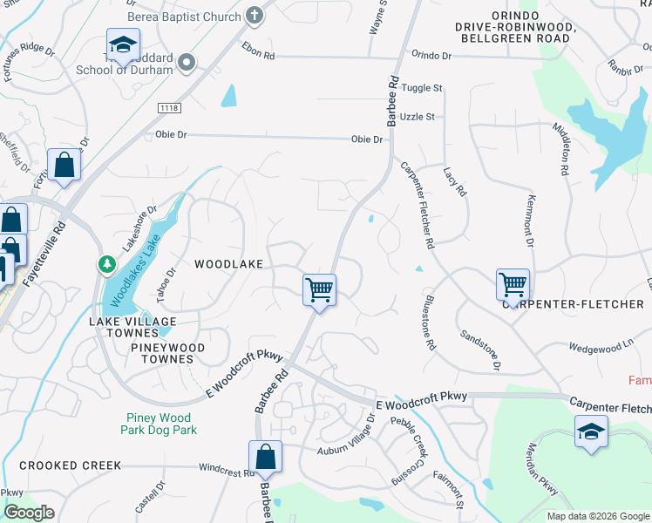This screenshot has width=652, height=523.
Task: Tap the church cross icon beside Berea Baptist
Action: (254, 15)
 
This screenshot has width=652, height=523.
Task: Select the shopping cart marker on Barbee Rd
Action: (319, 289)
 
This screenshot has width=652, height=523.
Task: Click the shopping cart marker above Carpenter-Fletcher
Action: (513, 283)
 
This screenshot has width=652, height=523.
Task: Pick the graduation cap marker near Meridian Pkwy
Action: (591, 431)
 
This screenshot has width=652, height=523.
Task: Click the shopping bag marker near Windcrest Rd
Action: (265, 456)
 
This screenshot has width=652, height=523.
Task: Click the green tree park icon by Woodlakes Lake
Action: (105, 262)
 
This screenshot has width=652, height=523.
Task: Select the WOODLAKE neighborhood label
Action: (228, 263)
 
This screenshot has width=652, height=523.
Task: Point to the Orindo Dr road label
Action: (431, 55)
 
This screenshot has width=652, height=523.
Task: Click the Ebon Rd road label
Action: (258, 51)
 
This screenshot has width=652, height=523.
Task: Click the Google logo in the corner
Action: (29, 513)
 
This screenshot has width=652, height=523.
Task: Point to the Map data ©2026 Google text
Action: (597, 516)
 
